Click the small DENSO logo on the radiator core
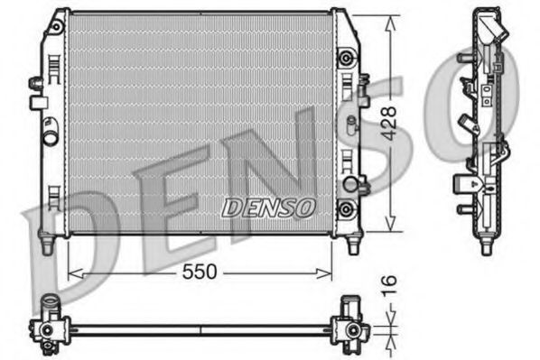pyautogui.click(x=267, y=207)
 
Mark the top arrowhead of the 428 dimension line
pyautogui.click(x=390, y=20)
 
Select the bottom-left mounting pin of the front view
pyautogui.click(x=45, y=245)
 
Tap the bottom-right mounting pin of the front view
pyautogui.click(x=351, y=245)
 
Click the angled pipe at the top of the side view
pyautogui.click(x=495, y=32)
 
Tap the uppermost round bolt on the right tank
pyautogui.click(x=345, y=58)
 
